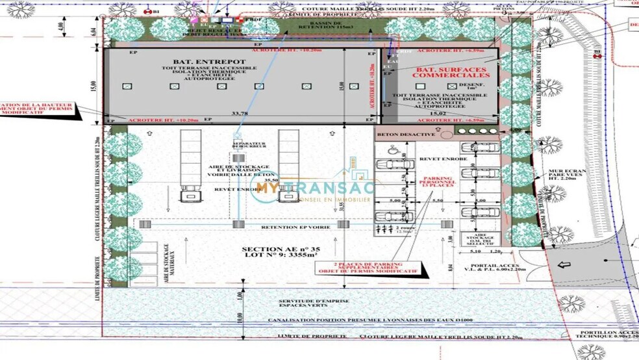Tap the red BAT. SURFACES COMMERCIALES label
(x=443, y=72)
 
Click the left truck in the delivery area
(x=190, y=166)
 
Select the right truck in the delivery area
(x=288, y=166)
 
